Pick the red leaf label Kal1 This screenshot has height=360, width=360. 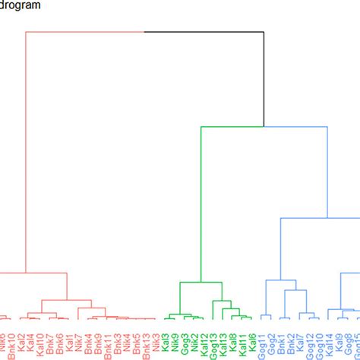pos(69,341)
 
